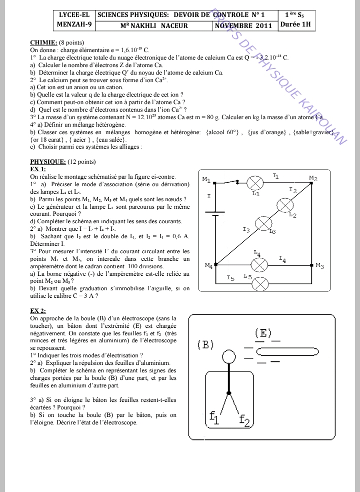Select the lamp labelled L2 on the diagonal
(285, 204)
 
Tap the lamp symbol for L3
(263, 224)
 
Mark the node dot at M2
(312, 183)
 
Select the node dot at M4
(216, 264)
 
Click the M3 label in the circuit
(320, 266)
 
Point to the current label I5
(230, 278)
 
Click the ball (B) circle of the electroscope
(228, 356)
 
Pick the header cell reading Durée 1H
(296, 25)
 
